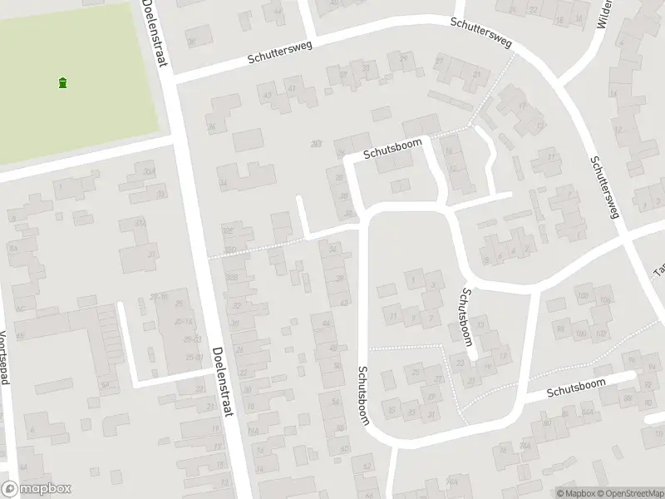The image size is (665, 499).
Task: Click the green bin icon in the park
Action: [63, 82]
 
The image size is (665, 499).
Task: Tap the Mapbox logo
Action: [36, 489]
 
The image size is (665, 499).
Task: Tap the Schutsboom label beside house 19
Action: [461, 314]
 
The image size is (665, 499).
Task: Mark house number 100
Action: [580, 333]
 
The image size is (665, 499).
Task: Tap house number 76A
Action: [525, 447]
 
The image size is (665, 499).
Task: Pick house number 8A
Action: [12, 248]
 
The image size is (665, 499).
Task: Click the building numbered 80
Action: [547, 423]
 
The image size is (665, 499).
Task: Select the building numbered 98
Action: [560, 329]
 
